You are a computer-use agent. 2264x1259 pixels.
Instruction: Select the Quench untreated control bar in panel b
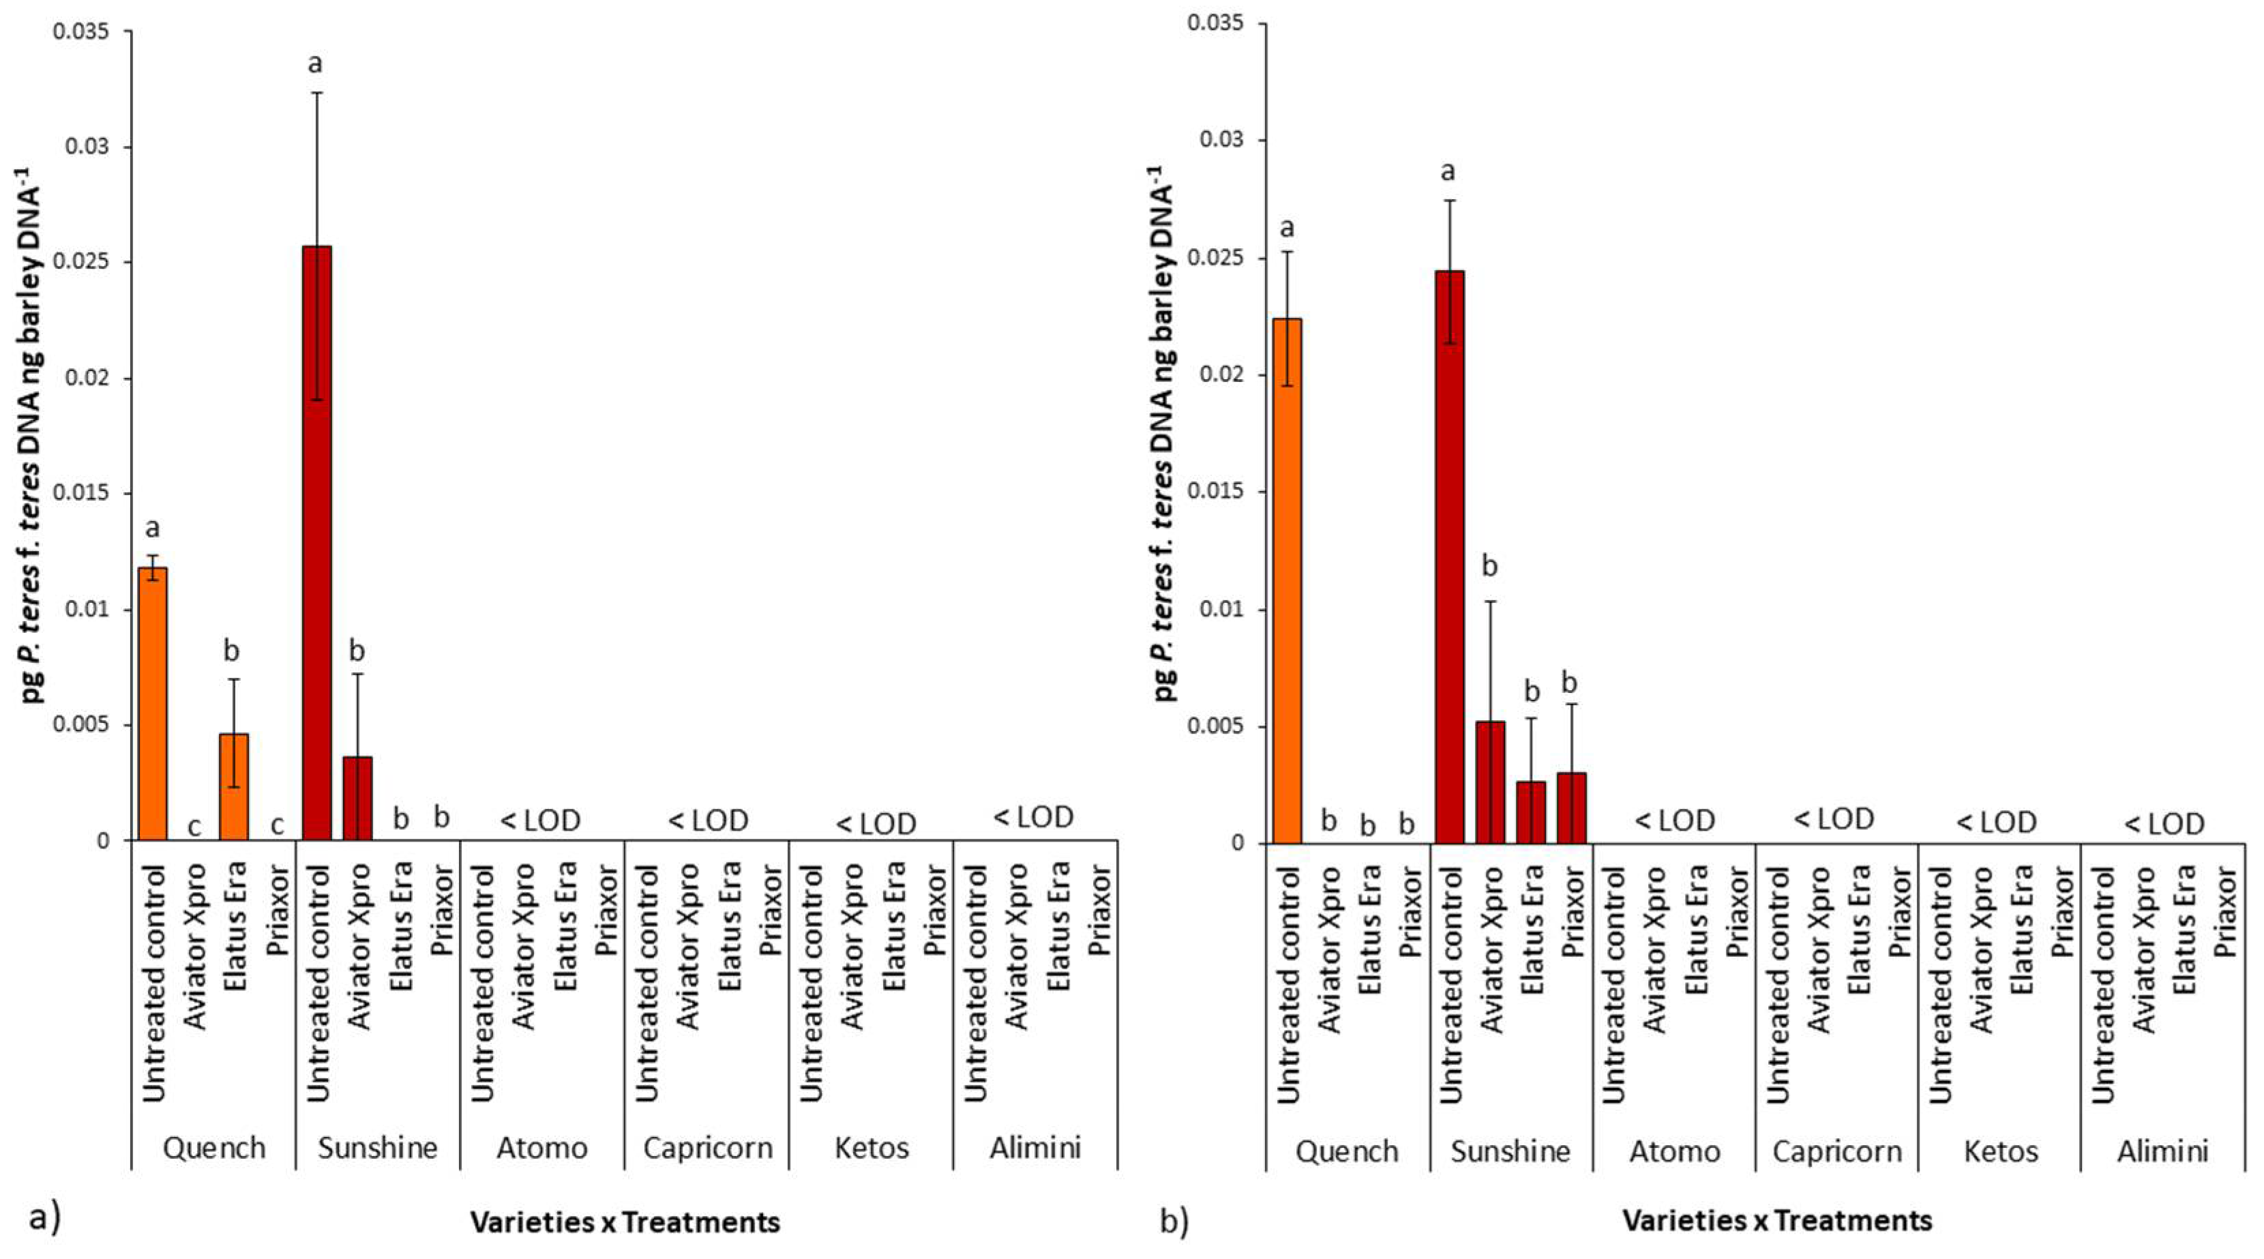click(1287, 580)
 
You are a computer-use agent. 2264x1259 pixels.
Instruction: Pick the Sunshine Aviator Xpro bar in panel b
click(1491, 782)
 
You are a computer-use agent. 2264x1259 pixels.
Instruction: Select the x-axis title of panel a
click(625, 1222)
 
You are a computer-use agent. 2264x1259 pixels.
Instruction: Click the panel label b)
click(1174, 1222)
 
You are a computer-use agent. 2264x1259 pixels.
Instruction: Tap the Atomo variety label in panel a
click(542, 1149)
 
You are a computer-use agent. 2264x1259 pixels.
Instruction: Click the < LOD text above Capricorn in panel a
click(709, 820)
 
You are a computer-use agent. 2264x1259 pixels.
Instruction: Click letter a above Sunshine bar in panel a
click(316, 64)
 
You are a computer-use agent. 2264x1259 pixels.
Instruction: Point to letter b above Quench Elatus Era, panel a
click(231, 651)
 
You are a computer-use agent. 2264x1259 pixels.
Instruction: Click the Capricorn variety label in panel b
click(1837, 1152)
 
